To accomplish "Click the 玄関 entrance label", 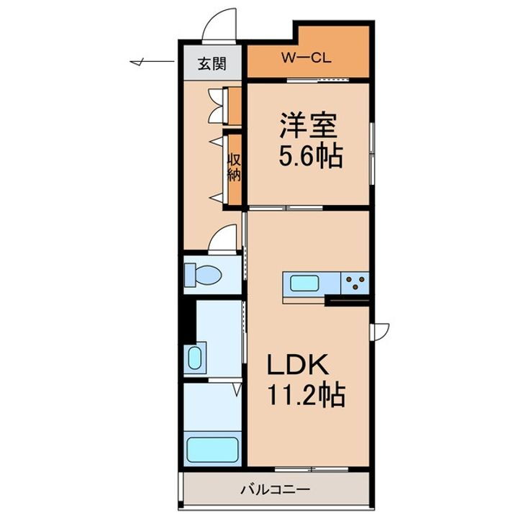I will click(x=213, y=63).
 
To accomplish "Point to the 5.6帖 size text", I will click(x=310, y=155).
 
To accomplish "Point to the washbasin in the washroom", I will click(x=195, y=357).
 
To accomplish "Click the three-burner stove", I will click(x=354, y=281).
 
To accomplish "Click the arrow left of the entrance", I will click(x=141, y=63).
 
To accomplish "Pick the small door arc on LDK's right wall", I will click(x=379, y=330).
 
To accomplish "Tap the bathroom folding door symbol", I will click(x=237, y=389).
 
